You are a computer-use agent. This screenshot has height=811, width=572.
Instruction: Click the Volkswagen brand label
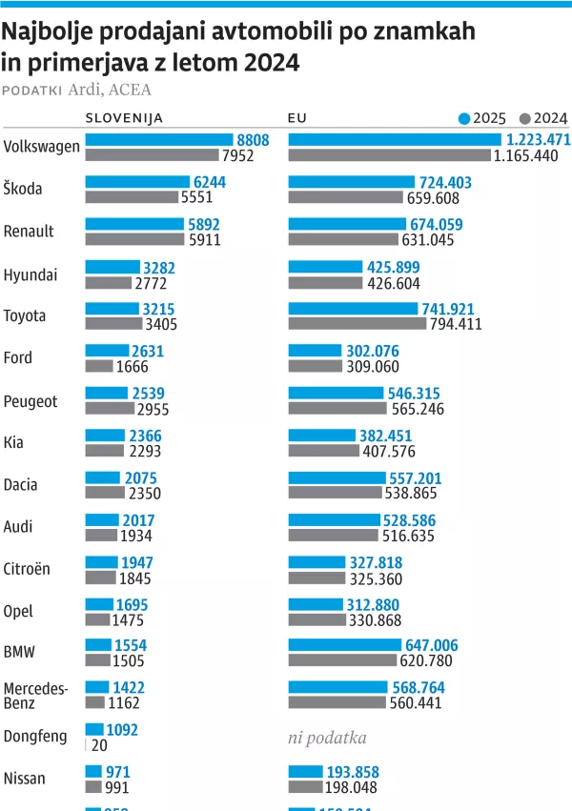pyautogui.click(x=41, y=147)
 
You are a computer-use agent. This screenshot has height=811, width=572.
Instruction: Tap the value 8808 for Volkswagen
pyautogui.click(x=253, y=140)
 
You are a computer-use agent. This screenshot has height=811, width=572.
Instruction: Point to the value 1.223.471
pyautogui.click(x=537, y=140)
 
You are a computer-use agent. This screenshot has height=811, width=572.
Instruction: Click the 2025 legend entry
pyautogui.click(x=482, y=118)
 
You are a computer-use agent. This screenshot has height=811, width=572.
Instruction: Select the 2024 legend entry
pyautogui.click(x=543, y=118)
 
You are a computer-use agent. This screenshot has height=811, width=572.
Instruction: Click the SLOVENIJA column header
pyautogui.click(x=124, y=118)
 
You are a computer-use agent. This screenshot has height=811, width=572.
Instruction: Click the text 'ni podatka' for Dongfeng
pyautogui.click(x=327, y=738)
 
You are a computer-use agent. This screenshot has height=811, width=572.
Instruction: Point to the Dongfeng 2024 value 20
pyautogui.click(x=97, y=745)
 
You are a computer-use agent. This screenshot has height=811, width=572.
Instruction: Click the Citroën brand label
pyautogui.click(x=28, y=569)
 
